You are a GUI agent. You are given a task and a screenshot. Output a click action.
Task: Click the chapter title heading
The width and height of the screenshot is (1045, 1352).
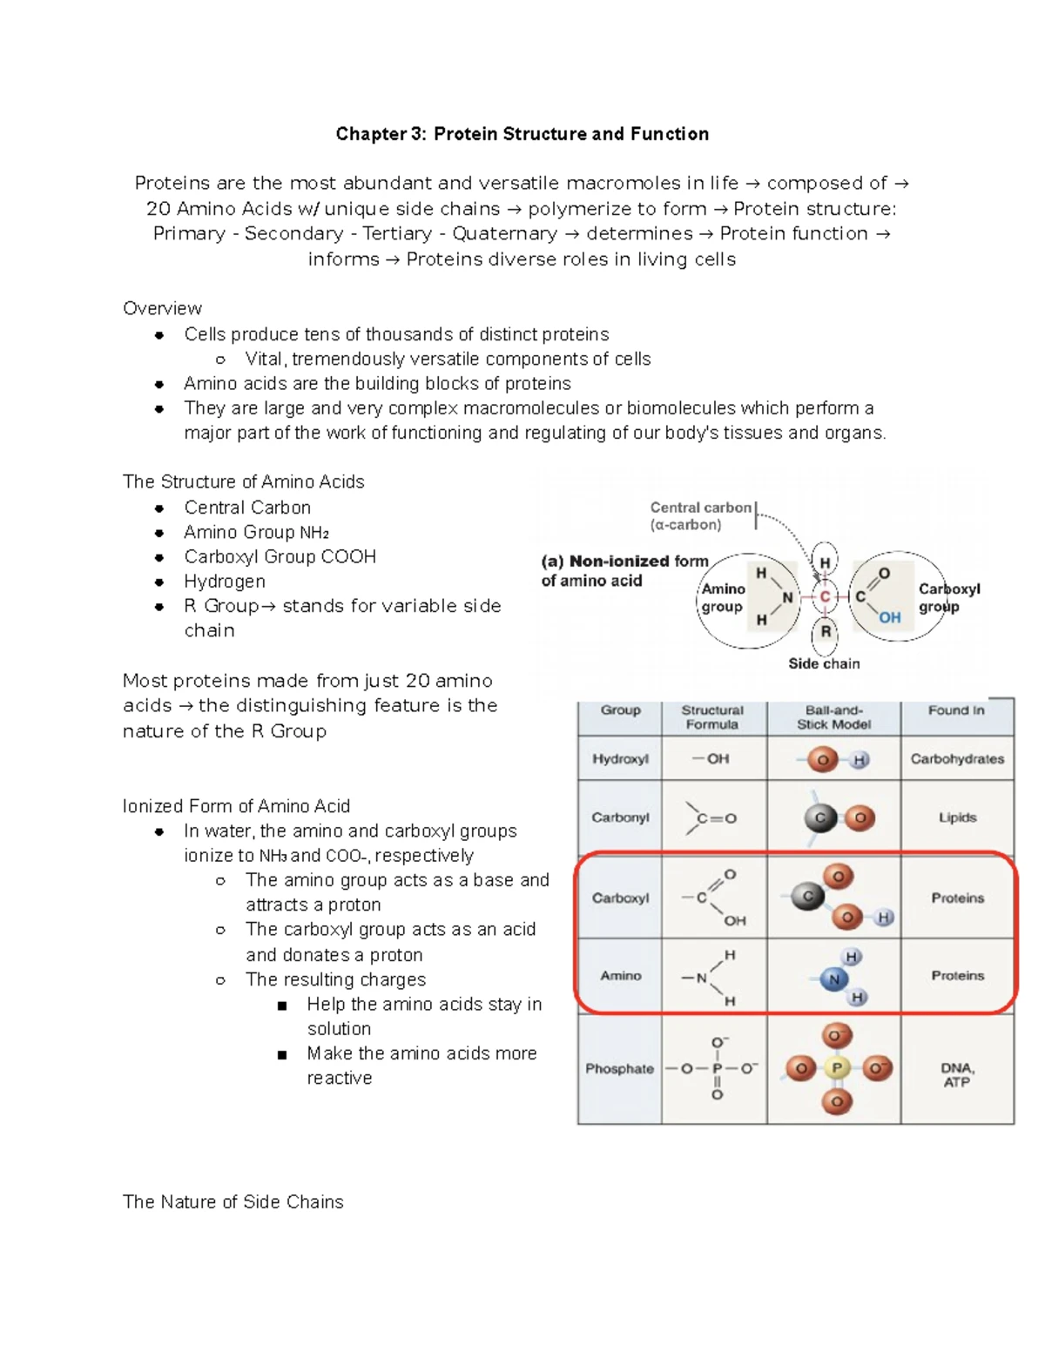coord(522,134)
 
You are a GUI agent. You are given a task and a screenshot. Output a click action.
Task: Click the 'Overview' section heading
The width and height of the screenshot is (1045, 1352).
coord(162,308)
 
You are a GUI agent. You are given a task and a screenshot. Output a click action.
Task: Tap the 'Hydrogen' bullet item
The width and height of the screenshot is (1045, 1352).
coord(225,582)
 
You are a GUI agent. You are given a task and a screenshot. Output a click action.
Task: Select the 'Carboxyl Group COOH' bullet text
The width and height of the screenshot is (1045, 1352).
coord(280,556)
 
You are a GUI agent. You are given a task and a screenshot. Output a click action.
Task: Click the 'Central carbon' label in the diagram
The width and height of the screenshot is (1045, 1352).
coord(700,508)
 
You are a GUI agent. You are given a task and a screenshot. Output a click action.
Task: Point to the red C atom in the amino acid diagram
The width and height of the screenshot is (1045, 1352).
coord(825,597)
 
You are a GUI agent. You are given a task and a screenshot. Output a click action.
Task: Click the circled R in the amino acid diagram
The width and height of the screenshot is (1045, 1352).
coord(826,631)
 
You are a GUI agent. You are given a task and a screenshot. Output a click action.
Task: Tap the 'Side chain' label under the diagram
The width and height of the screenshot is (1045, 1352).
coord(824,663)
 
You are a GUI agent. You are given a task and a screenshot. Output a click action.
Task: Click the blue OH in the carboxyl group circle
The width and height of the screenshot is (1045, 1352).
coord(889,617)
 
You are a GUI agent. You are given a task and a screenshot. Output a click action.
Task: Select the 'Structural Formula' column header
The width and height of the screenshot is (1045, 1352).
coord(712,717)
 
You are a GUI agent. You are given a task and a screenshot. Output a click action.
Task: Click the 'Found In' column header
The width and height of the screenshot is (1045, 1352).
coord(956,710)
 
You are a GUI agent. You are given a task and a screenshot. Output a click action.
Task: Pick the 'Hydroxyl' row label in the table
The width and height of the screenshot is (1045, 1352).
coord(620,759)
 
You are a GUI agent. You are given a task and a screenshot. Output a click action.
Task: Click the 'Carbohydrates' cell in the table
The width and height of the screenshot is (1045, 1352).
coord(957,759)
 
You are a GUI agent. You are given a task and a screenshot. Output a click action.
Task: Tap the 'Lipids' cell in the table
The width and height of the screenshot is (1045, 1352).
coord(957,817)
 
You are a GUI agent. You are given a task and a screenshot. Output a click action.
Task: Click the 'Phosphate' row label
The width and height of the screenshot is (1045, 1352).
coord(619,1068)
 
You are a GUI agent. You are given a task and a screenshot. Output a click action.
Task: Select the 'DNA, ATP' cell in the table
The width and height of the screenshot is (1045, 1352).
coord(957,1074)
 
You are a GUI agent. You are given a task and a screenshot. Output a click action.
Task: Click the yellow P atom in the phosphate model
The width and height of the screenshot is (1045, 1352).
coord(837,1068)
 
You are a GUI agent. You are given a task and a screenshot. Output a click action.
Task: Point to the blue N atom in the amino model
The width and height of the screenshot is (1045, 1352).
coord(833,979)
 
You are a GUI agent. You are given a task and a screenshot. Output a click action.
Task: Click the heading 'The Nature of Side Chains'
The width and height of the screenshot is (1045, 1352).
coord(233,1201)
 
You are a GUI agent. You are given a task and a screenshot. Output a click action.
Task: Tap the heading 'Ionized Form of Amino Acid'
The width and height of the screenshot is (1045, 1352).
coord(236,806)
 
